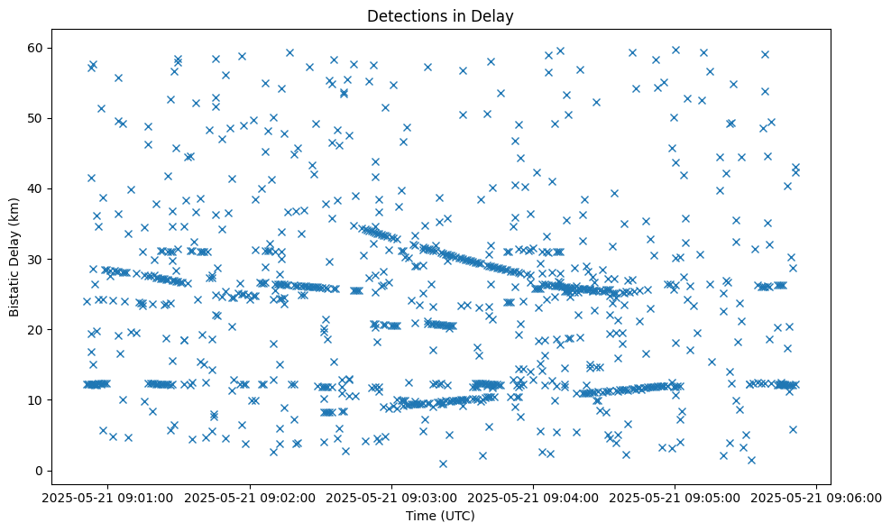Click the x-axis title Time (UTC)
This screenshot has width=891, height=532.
pyautogui.click(x=440, y=517)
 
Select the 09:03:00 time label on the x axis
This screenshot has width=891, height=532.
pyautogui.click(x=392, y=497)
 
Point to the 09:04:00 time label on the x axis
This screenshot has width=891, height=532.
pyautogui.click(x=534, y=497)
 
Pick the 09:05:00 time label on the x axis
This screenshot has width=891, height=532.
pyautogui.click(x=675, y=497)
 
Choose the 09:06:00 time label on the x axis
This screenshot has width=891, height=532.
pyautogui.click(x=817, y=497)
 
